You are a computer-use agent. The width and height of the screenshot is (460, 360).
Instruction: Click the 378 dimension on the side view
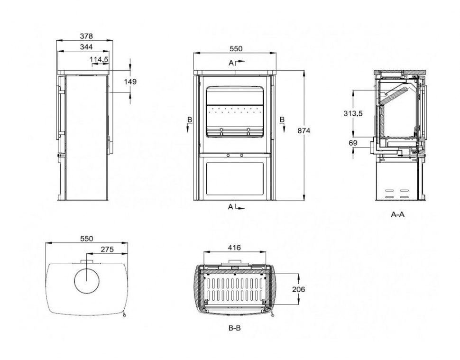[86, 36]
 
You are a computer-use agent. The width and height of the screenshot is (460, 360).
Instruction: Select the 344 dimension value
[86, 47]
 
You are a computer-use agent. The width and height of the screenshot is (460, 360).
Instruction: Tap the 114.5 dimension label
[99, 60]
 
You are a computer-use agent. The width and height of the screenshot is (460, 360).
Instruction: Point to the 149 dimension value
[130, 82]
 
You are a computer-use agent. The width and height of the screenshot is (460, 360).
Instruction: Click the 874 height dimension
[304, 131]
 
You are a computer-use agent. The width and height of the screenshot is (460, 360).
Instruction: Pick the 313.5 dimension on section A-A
[353, 113]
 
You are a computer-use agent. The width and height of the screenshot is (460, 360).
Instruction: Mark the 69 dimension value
[353, 143]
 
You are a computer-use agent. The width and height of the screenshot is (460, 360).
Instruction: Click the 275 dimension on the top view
[107, 249]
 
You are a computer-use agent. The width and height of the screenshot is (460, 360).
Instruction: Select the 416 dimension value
[234, 248]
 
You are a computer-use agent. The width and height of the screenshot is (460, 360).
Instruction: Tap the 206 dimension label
[298, 289]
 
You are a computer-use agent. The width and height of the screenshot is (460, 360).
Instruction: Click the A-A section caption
[397, 214]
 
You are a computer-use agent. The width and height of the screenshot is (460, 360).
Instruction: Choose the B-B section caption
[234, 328]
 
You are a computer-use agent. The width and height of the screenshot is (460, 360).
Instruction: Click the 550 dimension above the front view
[236, 49]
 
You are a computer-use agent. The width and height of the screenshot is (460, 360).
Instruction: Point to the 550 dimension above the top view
[86, 239]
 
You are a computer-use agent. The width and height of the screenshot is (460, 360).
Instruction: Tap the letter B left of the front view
[190, 120]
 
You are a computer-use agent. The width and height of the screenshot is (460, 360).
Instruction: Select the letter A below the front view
[230, 207]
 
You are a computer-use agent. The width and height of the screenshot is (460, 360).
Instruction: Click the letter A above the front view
[231, 63]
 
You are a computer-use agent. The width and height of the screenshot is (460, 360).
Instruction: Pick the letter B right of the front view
[282, 120]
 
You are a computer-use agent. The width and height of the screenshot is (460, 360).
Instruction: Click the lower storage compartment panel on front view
[235, 179]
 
